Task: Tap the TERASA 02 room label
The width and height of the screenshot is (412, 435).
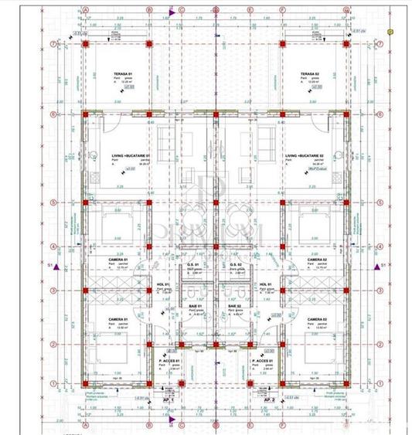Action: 310,73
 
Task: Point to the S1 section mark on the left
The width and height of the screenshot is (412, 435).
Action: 50,266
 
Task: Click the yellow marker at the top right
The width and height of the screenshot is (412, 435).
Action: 392,32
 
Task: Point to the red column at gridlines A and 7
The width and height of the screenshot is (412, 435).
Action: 85,44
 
